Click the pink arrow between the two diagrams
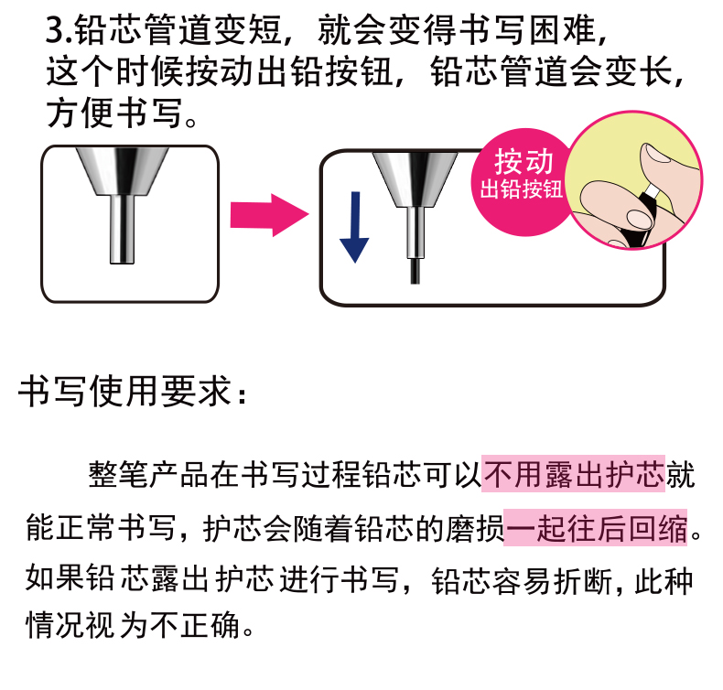(x=269, y=215)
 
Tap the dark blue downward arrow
(x=354, y=227)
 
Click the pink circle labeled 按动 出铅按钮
(x=521, y=182)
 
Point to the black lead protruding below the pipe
(x=415, y=271)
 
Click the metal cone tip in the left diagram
(x=123, y=170)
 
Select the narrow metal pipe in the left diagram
(x=123, y=229)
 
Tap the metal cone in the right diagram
(x=415, y=179)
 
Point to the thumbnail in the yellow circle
(x=656, y=153)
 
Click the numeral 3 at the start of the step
(x=54, y=30)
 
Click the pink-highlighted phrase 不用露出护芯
(x=573, y=474)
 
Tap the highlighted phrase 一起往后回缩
(x=595, y=528)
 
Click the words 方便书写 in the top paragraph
(x=114, y=113)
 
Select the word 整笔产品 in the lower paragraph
(x=148, y=474)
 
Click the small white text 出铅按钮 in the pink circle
(x=521, y=189)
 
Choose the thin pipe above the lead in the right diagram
(x=415, y=232)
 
